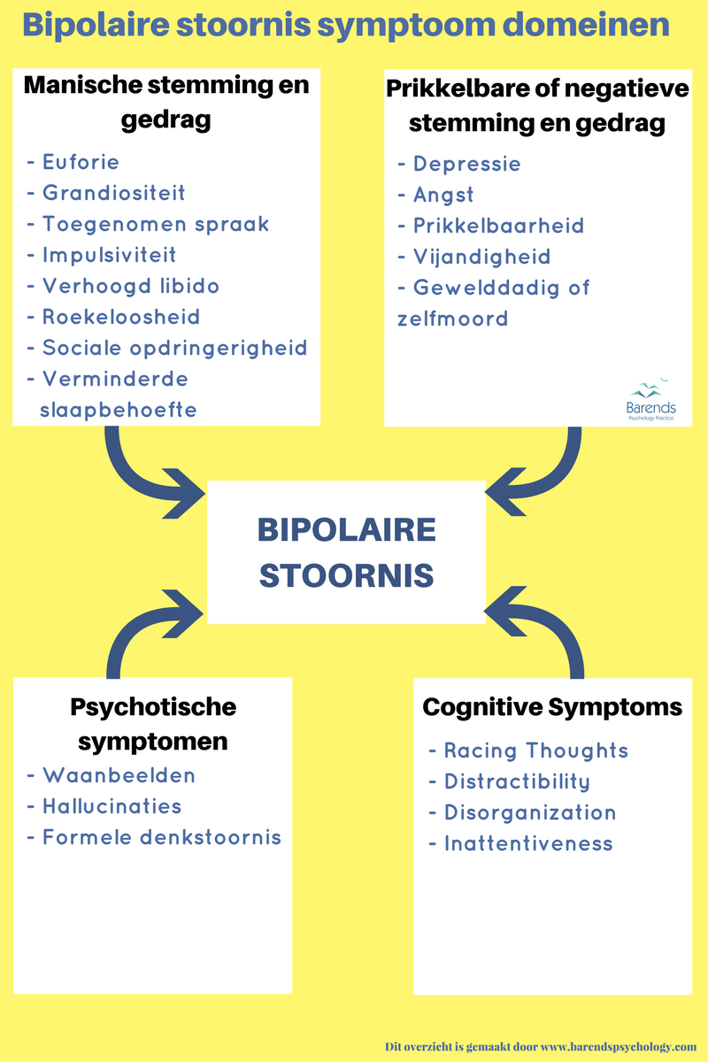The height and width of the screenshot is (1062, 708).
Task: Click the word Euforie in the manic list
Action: [81, 162]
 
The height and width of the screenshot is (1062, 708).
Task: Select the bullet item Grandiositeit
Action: [114, 193]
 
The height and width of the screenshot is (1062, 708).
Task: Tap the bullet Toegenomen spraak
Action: [156, 224]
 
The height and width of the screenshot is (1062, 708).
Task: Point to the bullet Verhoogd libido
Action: [131, 286]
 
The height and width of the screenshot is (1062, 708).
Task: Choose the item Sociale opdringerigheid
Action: [175, 348]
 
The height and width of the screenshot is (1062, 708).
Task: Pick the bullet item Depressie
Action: [466, 164]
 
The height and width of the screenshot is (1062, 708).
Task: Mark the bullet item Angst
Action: [443, 195]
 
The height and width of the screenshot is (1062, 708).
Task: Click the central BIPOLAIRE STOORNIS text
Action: [346, 552]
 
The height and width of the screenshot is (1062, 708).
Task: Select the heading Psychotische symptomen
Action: [153, 723]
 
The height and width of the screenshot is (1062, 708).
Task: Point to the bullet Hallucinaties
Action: [112, 806]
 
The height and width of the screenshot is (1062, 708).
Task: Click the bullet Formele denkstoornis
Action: [162, 837]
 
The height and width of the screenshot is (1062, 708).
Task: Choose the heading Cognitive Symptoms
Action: [552, 708]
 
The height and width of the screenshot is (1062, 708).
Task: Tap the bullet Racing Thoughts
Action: [535, 750]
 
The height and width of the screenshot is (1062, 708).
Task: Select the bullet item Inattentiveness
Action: [528, 843]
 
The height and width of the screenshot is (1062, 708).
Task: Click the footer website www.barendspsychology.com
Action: [610, 1046]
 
